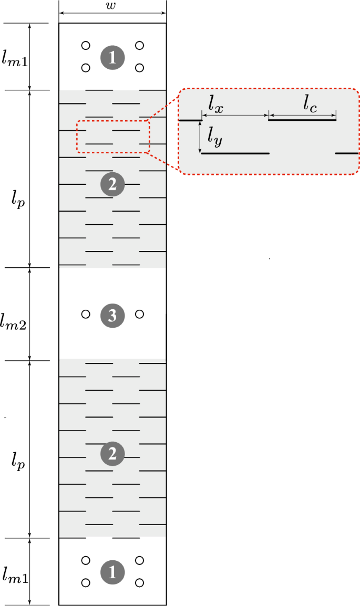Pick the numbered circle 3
tap(112, 315)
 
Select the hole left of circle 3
tap(86, 314)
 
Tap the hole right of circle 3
tap(139, 314)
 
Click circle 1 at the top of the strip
tap(112, 57)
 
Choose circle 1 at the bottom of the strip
tap(112, 571)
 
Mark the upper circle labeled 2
tap(112, 185)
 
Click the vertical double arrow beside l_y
tap(201, 137)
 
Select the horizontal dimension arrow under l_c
tap(302, 114)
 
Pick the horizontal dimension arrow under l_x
tap(235, 114)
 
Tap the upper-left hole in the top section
tap(86, 46)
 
